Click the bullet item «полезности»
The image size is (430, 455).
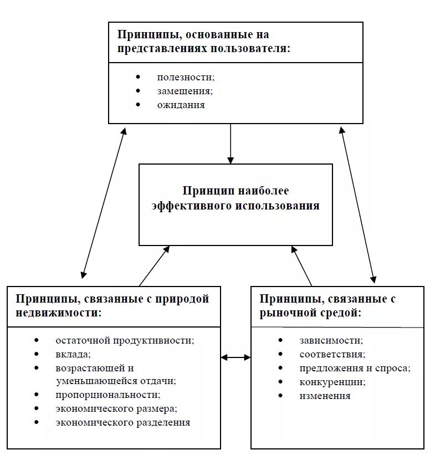point(185,77)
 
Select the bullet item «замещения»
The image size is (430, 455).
point(185,91)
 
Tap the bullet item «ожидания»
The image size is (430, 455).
point(181,105)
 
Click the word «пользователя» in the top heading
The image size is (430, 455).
point(250,48)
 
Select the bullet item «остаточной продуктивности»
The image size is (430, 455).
point(125,340)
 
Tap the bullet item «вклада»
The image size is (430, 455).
point(73,354)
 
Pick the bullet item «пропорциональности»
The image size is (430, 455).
point(107,395)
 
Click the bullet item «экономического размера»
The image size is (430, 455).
point(116,408)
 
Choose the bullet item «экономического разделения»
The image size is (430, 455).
point(122,422)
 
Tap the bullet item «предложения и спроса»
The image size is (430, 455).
point(355,368)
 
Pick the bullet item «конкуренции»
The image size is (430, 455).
point(332,382)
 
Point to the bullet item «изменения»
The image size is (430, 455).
point(325,396)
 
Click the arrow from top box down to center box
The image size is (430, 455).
point(231,144)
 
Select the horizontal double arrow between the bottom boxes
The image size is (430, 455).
point(236,357)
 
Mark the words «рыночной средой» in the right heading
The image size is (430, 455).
point(310,313)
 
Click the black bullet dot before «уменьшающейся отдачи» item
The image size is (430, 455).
point(37,367)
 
